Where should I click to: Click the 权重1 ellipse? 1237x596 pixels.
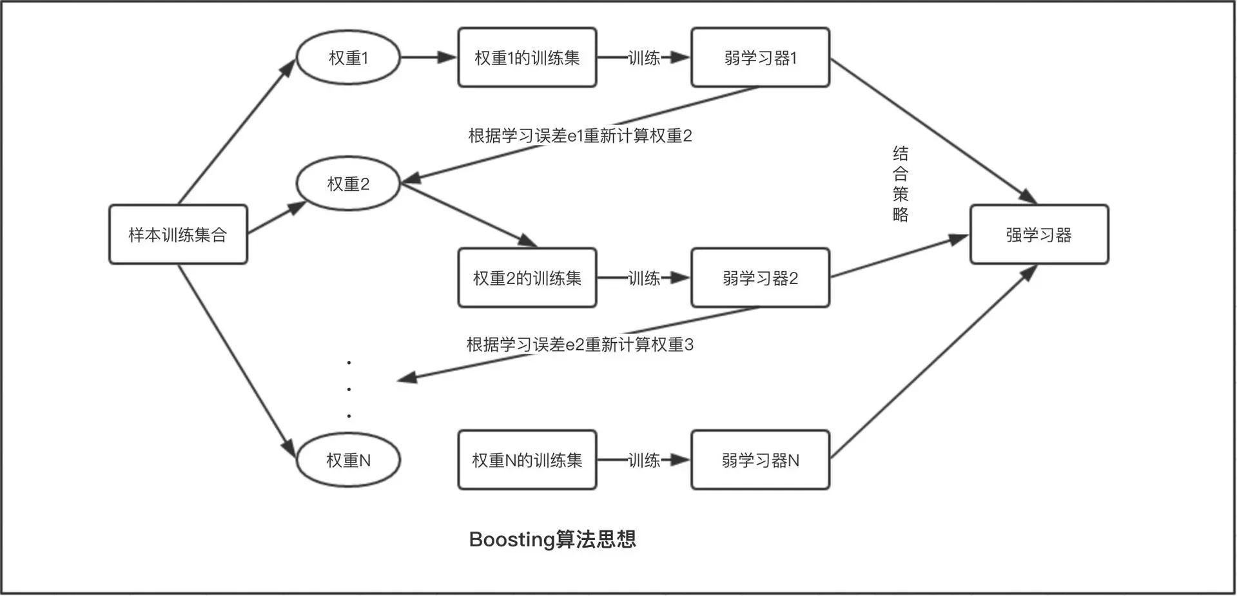[x=348, y=57]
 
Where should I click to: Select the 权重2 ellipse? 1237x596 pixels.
[x=348, y=184]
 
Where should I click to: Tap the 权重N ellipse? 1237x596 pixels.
[x=348, y=460]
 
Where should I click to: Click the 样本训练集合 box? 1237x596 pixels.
[x=178, y=235]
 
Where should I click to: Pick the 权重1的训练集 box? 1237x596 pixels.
[x=527, y=57]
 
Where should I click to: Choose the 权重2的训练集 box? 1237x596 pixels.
[x=527, y=278]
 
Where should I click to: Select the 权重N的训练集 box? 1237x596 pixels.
[x=527, y=460]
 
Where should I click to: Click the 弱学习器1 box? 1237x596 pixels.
[x=760, y=57]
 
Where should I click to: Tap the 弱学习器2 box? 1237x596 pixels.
[x=760, y=278]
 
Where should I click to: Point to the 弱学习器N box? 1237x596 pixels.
[x=760, y=460]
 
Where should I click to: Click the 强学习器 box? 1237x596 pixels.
[x=1038, y=235]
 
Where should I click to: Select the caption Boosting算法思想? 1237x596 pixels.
[x=552, y=539]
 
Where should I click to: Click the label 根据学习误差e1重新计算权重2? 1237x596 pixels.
[x=580, y=136]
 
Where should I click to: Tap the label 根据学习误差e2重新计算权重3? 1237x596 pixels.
[x=580, y=345]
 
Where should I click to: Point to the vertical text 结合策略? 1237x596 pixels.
[x=901, y=184]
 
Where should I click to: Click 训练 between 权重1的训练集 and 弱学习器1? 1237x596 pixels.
[x=643, y=58]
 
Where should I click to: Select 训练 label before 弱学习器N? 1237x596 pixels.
[x=643, y=460]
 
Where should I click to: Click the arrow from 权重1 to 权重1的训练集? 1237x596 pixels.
[x=428, y=57]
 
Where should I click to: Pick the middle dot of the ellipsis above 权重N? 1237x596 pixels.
[x=349, y=389]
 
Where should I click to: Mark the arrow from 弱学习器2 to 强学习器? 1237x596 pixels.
[x=899, y=257]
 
